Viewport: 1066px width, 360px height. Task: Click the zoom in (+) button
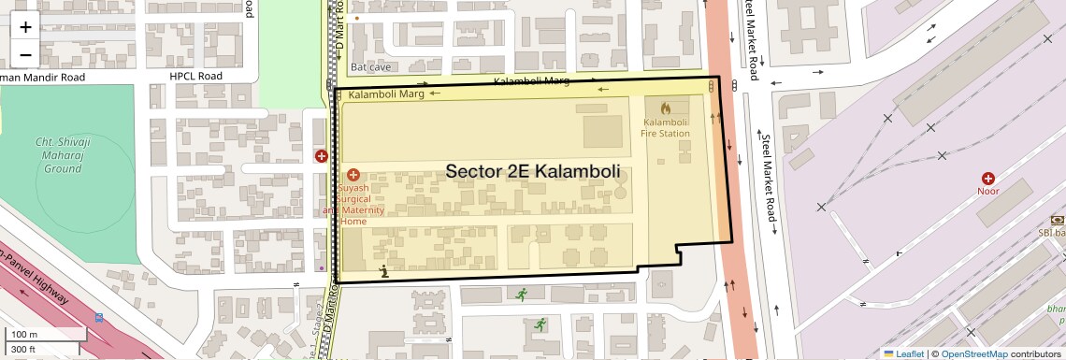pos(25,26)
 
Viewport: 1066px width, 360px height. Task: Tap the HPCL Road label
pos(195,76)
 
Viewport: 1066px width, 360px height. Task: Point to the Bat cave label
pos(370,67)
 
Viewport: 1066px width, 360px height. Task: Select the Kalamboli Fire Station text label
pos(665,127)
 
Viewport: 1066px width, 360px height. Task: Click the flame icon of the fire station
pos(665,108)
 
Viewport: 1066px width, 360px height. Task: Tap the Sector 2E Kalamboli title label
pos(533,171)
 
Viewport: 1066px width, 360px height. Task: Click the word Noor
pos(987,192)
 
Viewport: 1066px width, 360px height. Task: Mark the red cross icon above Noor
pos(987,178)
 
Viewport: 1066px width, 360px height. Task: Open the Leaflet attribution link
pos(903,353)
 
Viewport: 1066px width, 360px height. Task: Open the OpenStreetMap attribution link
pos(973,353)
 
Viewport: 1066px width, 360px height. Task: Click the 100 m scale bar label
pos(24,334)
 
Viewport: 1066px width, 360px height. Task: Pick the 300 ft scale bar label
pos(24,349)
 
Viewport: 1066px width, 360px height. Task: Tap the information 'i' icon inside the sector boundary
pos(384,271)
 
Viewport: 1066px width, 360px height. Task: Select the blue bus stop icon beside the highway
pos(99,317)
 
